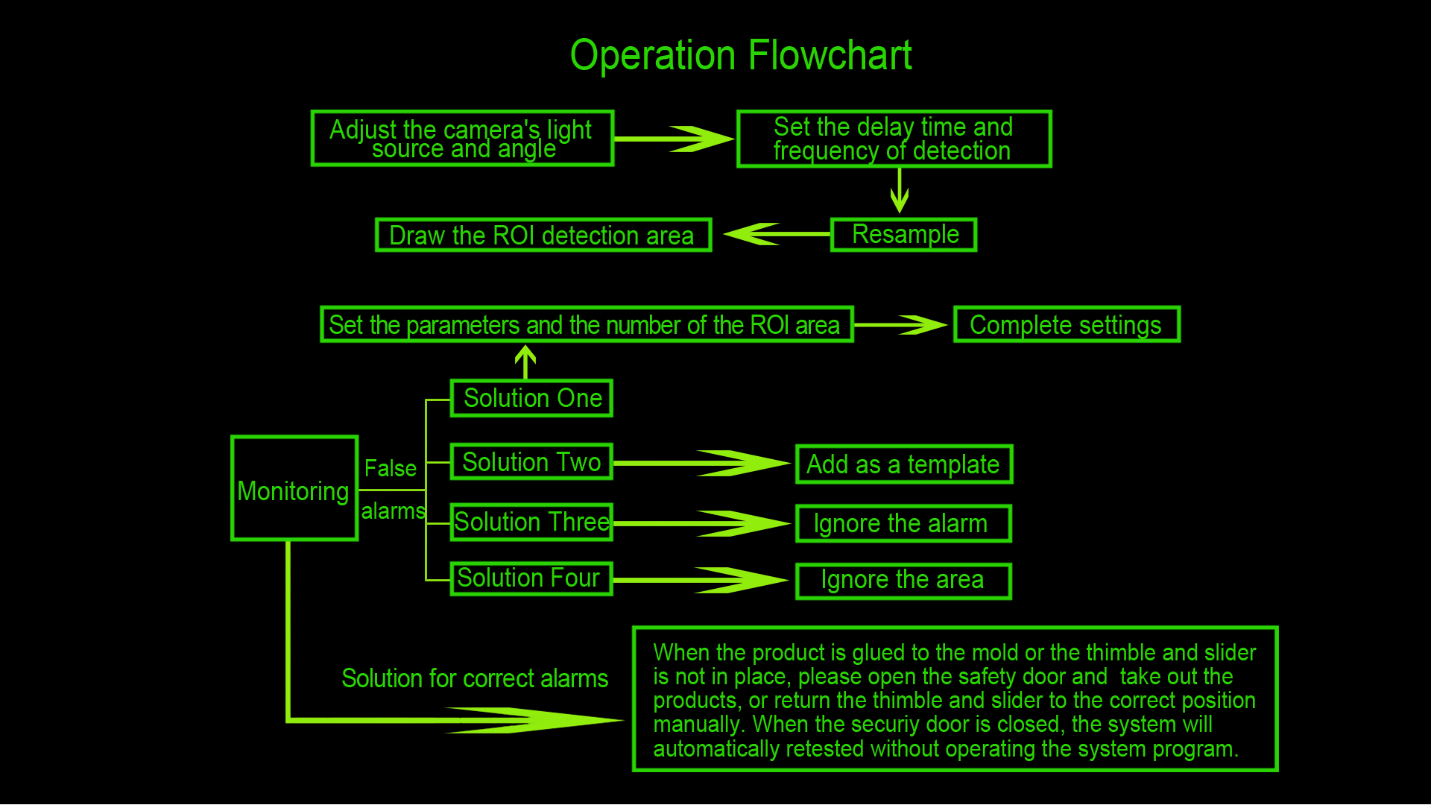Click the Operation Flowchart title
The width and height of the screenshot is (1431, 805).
click(x=741, y=56)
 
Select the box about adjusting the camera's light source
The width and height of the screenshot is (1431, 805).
click(x=462, y=139)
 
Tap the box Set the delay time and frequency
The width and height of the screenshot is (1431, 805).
click(x=894, y=139)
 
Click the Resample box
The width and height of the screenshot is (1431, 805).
click(x=903, y=235)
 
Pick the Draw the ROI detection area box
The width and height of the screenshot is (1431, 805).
click(x=543, y=236)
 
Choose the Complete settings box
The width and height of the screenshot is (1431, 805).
click(x=1067, y=325)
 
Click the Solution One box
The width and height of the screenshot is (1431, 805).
click(x=531, y=398)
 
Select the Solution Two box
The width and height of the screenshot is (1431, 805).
click(x=531, y=462)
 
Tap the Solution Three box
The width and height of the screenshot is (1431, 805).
click(x=531, y=522)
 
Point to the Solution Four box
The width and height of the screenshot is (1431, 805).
click(x=531, y=578)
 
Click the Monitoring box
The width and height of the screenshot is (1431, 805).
click(x=294, y=489)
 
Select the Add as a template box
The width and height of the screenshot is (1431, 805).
click(x=904, y=464)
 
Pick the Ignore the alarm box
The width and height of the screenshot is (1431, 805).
click(x=903, y=523)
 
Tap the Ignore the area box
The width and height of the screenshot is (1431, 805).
click(x=903, y=581)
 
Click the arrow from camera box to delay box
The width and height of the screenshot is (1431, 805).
click(x=675, y=139)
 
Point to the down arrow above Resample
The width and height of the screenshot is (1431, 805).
click(x=900, y=191)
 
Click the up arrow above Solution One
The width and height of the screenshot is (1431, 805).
click(x=525, y=362)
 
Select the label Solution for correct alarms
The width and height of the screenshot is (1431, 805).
click(x=475, y=678)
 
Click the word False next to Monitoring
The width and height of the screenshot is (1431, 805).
click(x=390, y=468)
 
